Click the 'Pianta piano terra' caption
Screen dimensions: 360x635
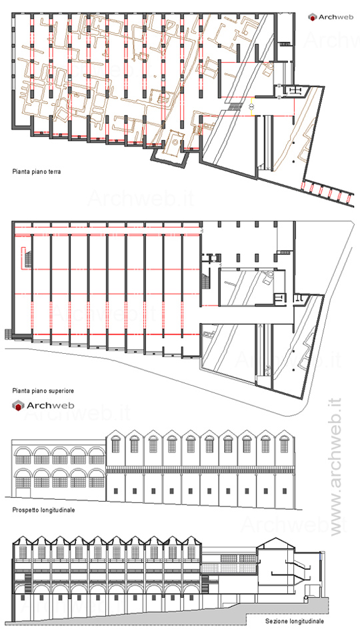(37, 172)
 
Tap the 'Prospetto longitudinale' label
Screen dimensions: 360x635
(43, 510)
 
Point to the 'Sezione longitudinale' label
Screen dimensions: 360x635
(295, 621)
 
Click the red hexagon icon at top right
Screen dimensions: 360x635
(312, 17)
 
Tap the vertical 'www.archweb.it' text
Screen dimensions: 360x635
(336, 467)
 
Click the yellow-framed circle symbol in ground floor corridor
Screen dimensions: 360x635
(251, 106)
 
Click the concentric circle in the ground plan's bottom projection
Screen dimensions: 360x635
(174, 142)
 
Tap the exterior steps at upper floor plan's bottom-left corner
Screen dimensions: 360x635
(8, 333)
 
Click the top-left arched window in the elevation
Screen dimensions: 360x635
(22, 455)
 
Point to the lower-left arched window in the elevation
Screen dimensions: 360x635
(23, 478)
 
